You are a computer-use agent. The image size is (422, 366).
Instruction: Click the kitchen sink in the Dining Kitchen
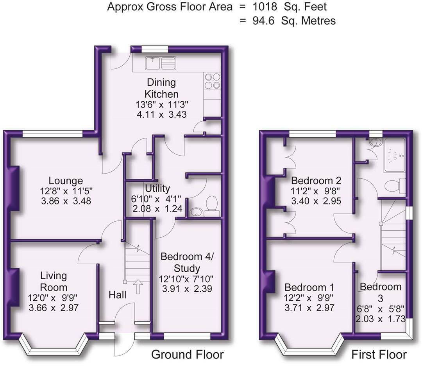pyautogui.click(x=161, y=63)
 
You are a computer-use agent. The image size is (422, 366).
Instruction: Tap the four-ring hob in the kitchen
pyautogui.click(x=212, y=81)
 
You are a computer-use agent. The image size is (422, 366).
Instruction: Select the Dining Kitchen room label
pyautogui.click(x=161, y=88)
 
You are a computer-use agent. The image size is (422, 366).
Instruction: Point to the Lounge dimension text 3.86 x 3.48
pyautogui.click(x=66, y=201)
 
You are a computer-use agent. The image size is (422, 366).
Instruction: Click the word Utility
pyautogui.click(x=157, y=188)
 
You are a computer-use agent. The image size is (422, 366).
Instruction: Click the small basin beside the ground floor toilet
pyautogui.click(x=196, y=212)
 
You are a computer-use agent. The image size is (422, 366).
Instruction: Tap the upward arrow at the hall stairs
pyautogui.click(x=138, y=287)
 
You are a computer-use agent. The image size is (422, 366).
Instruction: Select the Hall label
pyautogui.click(x=117, y=295)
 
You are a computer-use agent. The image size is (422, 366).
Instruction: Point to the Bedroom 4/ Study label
pyautogui.click(x=187, y=262)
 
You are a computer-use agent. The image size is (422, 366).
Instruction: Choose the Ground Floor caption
pyautogui.click(x=187, y=354)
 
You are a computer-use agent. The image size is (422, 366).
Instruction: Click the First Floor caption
pyautogui.click(x=379, y=354)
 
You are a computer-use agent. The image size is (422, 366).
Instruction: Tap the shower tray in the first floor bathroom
pyautogui.click(x=395, y=155)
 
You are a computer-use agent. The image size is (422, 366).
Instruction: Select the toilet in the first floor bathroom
pyautogui.click(x=395, y=186)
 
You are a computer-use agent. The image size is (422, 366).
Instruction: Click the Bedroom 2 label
pyautogui.click(x=316, y=180)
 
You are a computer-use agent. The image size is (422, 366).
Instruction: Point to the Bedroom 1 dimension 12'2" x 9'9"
pyautogui.click(x=309, y=298)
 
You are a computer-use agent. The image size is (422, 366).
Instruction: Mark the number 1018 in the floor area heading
pyautogui.click(x=265, y=7)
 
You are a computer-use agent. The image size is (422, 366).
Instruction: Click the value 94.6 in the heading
pyautogui.click(x=263, y=21)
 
